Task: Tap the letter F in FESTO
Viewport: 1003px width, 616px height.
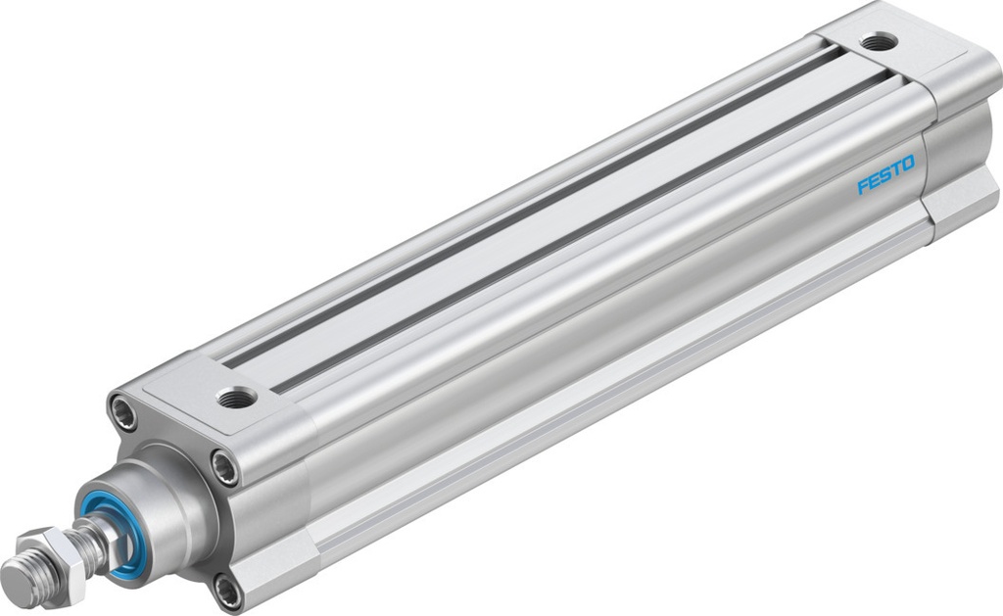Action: coord(863,184)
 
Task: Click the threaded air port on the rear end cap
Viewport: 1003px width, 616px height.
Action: coord(878,41)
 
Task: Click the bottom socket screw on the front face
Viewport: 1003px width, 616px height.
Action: coord(227,591)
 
